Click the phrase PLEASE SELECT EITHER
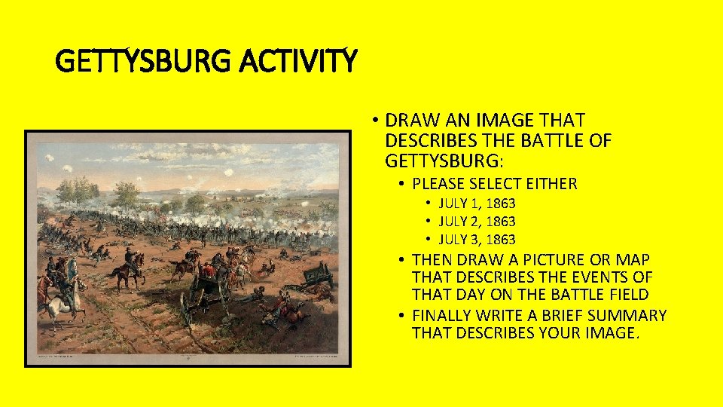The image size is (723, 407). [x=495, y=183]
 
